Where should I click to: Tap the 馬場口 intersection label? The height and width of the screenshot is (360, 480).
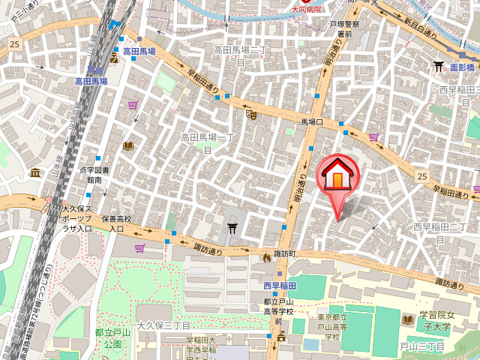311,121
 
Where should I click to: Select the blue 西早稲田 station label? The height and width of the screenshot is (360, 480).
280,286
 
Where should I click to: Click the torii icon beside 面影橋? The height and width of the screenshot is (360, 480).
439,67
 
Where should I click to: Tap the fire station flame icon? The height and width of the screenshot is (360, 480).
266,257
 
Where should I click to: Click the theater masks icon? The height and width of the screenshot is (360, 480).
251,114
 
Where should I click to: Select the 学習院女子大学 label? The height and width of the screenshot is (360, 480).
434,320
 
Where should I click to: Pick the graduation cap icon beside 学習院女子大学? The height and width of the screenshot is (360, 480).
409,318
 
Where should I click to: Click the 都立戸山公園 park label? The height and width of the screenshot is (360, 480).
113,337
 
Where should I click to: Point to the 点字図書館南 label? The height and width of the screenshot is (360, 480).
94,175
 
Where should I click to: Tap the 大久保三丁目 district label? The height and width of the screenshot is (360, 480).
163,326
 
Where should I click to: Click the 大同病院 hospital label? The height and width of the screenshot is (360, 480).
305,9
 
